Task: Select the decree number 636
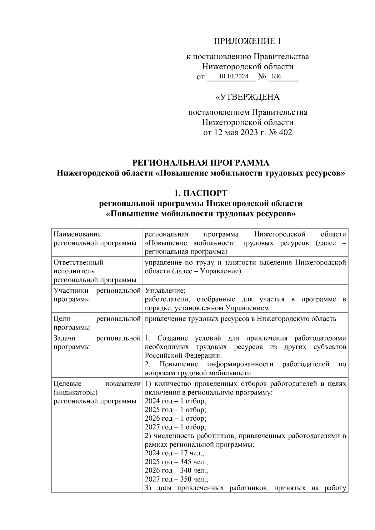pyautogui.click(x=276, y=77)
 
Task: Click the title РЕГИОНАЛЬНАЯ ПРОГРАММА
pyautogui.click(x=201, y=163)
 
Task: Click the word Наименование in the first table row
pyautogui.click(x=77, y=234)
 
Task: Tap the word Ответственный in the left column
pyautogui.click(x=78, y=262)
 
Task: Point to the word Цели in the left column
pyautogui.click(x=62, y=319)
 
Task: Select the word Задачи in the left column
pyautogui.click(x=65, y=338)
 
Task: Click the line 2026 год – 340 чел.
pyautogui.click(x=176, y=470)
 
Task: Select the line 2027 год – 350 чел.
pyautogui.click(x=176, y=479)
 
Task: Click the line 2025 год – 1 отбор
pyautogui.click(x=175, y=409)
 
